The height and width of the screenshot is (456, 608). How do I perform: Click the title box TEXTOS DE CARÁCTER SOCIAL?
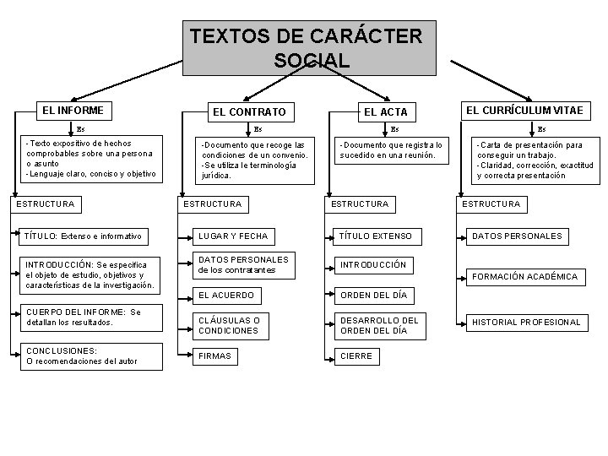[x=309, y=48]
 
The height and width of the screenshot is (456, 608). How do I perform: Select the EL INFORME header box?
[x=73, y=111]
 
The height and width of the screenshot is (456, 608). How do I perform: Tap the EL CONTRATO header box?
[x=249, y=111]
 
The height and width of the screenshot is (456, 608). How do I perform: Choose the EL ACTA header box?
[x=385, y=111]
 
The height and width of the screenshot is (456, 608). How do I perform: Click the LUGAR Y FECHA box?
[x=233, y=236]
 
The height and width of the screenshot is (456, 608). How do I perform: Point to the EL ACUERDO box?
[x=225, y=295]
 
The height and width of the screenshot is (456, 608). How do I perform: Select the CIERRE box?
[x=356, y=356]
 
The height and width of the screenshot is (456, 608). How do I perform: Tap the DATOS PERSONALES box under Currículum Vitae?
[x=516, y=236]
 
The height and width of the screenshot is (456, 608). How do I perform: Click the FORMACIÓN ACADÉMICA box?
[x=524, y=276]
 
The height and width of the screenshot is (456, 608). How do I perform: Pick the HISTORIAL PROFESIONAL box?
[x=526, y=322]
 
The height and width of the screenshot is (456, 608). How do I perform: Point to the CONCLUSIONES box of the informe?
[x=82, y=356]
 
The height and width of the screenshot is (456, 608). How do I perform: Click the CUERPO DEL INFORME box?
[x=84, y=318]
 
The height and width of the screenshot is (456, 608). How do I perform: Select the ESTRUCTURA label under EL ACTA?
[x=360, y=204]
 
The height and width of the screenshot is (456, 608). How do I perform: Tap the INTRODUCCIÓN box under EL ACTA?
[x=372, y=264]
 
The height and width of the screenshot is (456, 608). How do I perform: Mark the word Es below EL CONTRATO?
[x=258, y=129]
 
